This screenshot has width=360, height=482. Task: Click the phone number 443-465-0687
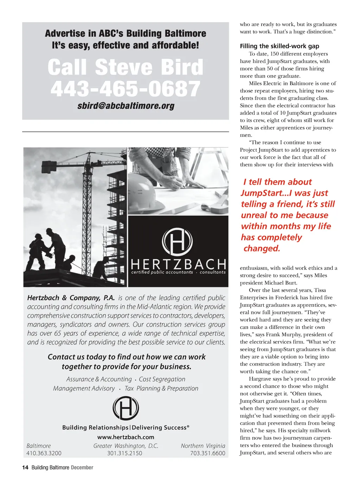click(125, 89)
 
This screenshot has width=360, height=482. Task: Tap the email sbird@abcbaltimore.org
click(126, 106)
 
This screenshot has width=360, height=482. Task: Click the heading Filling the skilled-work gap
click(279, 46)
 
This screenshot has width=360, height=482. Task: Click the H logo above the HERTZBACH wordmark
click(177, 242)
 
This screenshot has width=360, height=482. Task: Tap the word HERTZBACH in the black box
click(178, 264)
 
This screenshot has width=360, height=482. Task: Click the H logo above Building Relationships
click(126, 408)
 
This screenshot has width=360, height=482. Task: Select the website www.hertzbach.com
click(126, 437)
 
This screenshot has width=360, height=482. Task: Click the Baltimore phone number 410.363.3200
click(44, 453)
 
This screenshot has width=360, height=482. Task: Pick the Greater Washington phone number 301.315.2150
click(125, 453)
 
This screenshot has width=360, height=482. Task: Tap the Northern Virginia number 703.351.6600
click(207, 453)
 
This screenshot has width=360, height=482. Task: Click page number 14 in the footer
click(25, 468)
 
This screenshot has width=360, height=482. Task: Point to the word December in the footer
click(82, 468)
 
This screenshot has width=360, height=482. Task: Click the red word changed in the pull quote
click(262, 248)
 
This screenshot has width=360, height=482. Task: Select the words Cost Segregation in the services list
click(162, 379)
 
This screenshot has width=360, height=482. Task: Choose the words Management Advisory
click(84, 388)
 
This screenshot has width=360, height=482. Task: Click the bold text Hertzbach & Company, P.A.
click(71, 298)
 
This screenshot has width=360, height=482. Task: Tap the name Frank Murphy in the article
click(284, 335)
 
